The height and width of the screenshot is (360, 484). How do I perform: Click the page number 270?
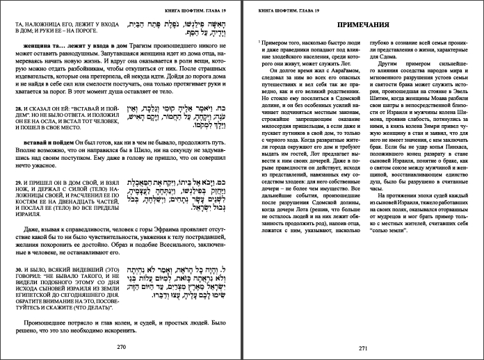coord(121,345)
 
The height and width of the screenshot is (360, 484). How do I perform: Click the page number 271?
coord(362,348)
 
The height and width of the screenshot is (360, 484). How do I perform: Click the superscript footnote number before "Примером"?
coord(259,42)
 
